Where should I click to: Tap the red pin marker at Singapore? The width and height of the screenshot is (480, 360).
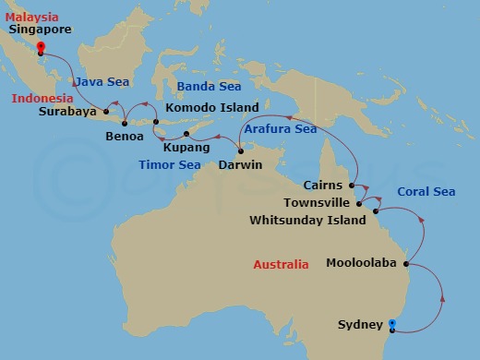tap(41, 42)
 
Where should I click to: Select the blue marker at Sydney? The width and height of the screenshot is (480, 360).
tap(393, 324)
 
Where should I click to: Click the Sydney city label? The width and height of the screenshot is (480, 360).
tap(359, 325)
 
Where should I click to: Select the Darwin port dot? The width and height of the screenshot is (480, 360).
tap(240, 151)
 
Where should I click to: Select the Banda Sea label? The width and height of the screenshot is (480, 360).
tap(208, 87)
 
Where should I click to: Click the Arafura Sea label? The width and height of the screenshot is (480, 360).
tap(280, 129)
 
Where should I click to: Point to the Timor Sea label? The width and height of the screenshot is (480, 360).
tap(170, 165)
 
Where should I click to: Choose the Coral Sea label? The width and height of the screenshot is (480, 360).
tap(426, 192)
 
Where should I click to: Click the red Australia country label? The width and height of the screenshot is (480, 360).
tap(281, 265)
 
